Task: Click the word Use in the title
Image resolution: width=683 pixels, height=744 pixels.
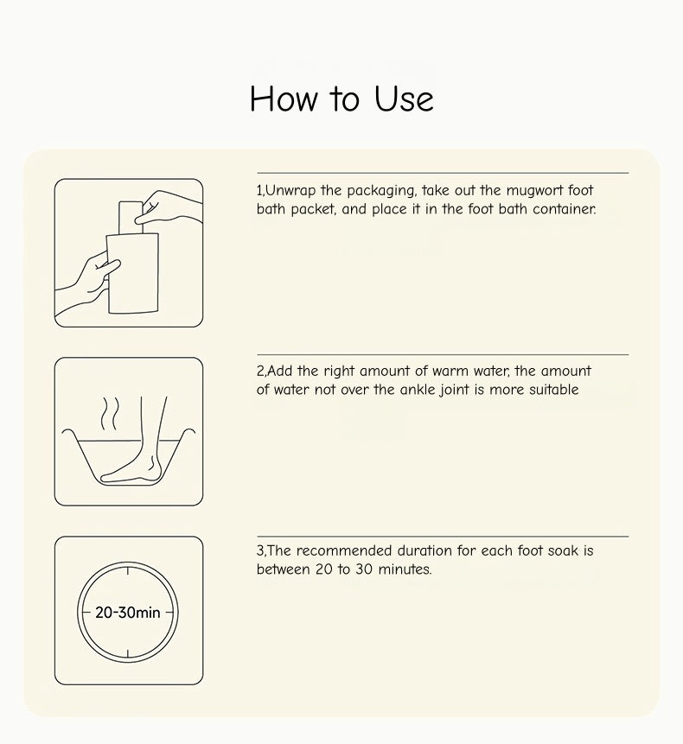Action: [x=404, y=99]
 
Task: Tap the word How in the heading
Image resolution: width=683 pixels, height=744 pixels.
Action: [x=284, y=99]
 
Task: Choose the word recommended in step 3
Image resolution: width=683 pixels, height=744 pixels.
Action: [x=345, y=550]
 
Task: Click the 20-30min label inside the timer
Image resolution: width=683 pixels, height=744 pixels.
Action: [x=128, y=613]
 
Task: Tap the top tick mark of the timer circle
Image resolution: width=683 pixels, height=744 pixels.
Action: [x=128, y=569]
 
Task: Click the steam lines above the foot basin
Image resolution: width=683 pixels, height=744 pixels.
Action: [x=110, y=413]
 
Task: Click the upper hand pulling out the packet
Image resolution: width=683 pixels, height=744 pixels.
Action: [x=169, y=209]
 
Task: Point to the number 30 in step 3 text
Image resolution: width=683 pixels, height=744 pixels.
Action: [x=364, y=569]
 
